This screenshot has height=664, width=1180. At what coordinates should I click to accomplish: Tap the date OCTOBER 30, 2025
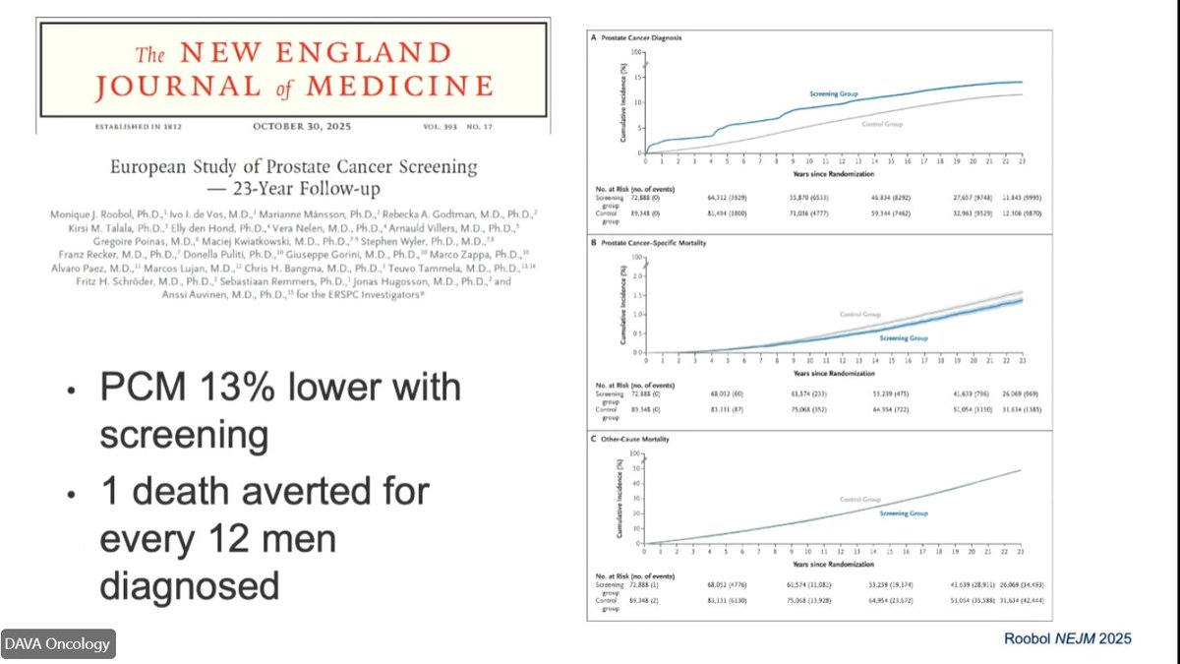[301, 126]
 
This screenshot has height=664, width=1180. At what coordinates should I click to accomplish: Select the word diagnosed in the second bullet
[190, 585]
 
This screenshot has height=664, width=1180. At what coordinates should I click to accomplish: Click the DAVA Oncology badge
[58, 644]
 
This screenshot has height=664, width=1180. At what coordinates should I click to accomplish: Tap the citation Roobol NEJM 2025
[1066, 638]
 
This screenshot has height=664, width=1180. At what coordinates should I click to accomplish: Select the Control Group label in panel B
[860, 314]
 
